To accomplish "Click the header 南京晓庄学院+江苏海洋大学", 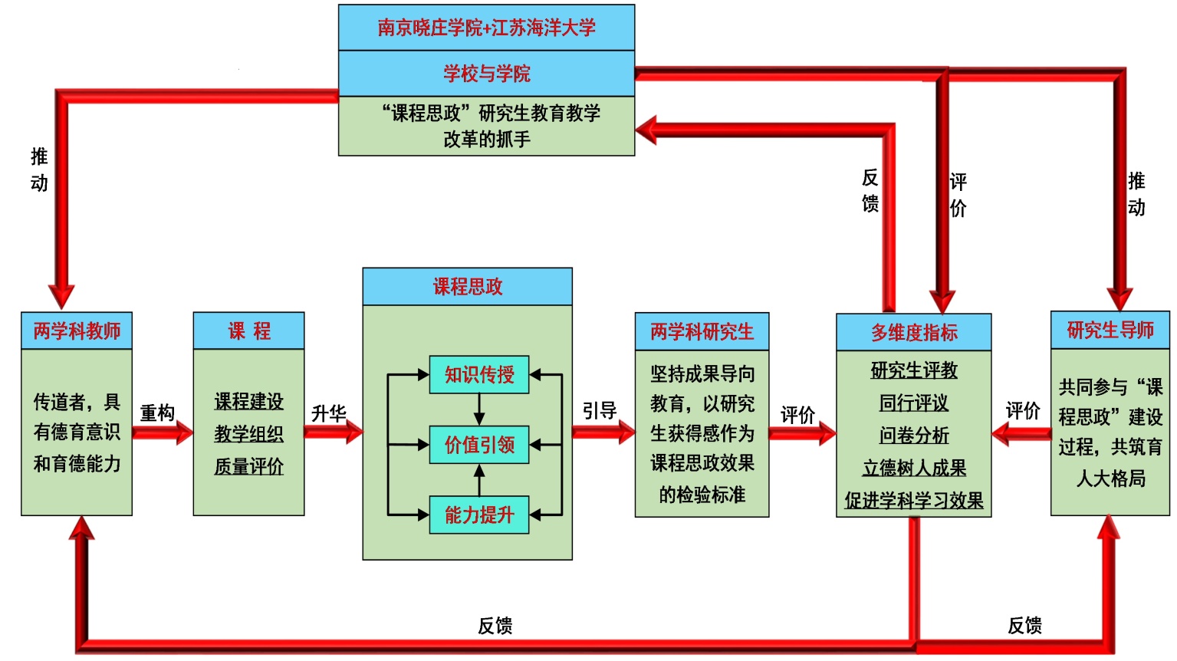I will point(486,28).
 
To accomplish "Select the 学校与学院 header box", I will point(486,74).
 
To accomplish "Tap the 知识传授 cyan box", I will point(479,375).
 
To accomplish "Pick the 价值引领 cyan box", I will point(479,445).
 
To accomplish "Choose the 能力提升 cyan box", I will point(479,515).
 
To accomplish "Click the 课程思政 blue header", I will point(467,287).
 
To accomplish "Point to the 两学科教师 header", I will point(77,331).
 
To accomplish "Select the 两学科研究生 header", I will point(702,332).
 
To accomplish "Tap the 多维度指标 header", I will point(913,333).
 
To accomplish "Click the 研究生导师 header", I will point(1110,330).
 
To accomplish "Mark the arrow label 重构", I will point(157,413).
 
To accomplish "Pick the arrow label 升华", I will point(329,413).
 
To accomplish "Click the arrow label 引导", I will point(599,411).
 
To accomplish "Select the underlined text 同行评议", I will point(913,403).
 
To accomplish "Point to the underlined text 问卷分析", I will point(913,436).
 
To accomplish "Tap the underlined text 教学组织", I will point(248,434).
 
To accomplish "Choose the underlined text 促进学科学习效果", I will point(913,501).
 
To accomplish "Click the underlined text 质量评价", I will point(248,466).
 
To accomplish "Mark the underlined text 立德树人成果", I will point(913,469).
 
